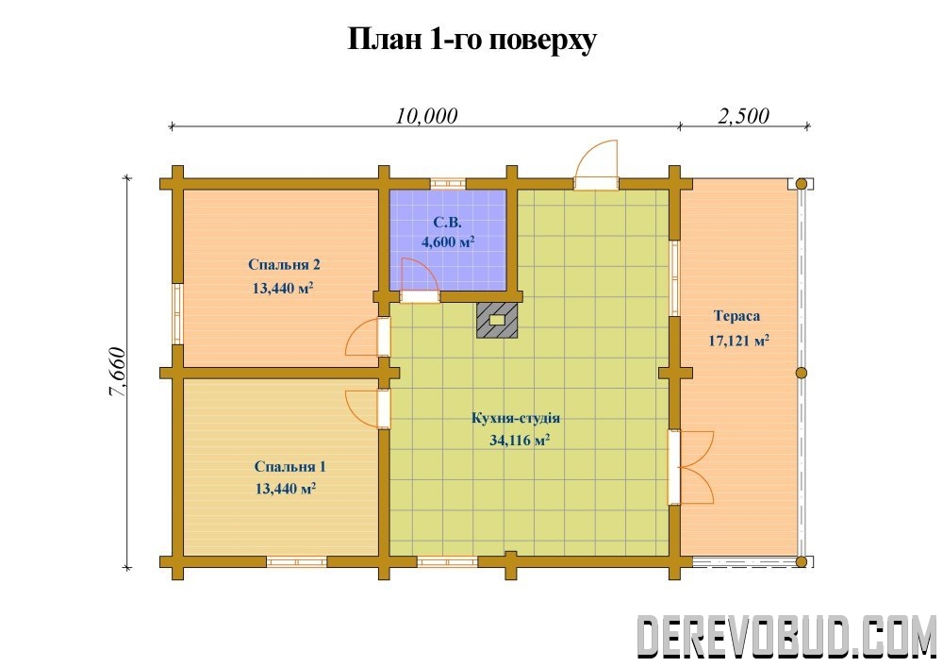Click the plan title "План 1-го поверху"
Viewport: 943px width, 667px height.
[472, 41]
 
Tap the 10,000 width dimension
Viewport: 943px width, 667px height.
[426, 115]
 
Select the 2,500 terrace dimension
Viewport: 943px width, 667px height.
[743, 115]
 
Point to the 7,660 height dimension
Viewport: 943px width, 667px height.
[117, 373]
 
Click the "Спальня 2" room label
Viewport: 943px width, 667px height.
[284, 265]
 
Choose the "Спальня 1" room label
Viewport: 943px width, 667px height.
[290, 467]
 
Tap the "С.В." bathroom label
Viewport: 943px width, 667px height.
[447, 223]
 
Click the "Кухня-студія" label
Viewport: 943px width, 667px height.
[516, 418]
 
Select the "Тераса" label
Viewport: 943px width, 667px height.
[736, 316]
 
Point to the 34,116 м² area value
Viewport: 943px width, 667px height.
[520, 441]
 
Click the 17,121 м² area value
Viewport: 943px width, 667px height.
[739, 341]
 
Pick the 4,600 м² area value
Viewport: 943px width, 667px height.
[448, 242]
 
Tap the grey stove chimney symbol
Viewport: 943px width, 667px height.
[497, 320]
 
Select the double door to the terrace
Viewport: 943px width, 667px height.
[691, 467]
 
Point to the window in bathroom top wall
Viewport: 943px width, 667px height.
[448, 183]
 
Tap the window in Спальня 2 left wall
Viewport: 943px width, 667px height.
[177, 313]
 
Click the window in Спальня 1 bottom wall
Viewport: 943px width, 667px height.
[296, 561]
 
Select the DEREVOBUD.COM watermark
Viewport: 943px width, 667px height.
[786, 636]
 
